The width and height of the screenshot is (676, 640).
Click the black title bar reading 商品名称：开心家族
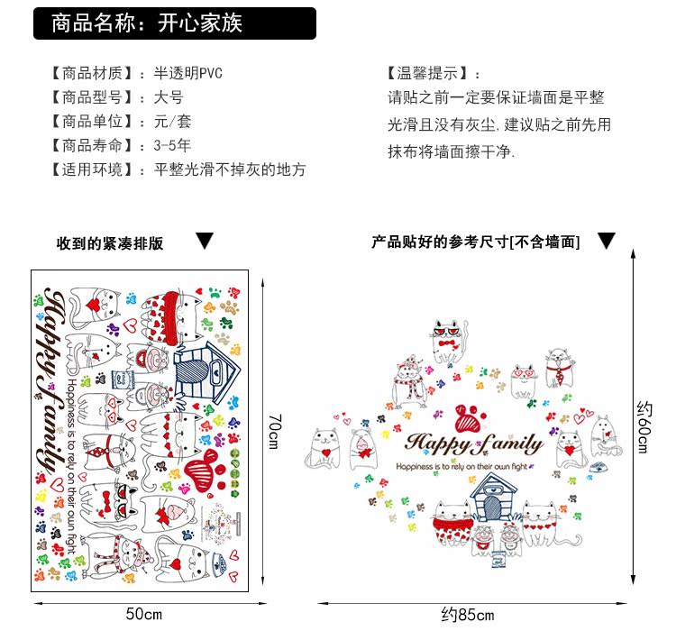pos(175,23)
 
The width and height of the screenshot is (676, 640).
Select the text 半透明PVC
pos(188,74)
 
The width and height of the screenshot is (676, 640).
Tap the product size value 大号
pos(169,97)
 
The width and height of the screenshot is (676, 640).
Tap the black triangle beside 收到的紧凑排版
pos(205,242)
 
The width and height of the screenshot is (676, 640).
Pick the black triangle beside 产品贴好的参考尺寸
pos(607,241)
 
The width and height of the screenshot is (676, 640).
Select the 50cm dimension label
pos(143,615)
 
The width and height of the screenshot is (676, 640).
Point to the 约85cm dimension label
pos(468,616)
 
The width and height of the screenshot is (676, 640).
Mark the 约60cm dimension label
pos(643,427)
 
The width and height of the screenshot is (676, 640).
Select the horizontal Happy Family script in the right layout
pos(474,443)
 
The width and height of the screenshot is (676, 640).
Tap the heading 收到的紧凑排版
pos(110,243)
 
